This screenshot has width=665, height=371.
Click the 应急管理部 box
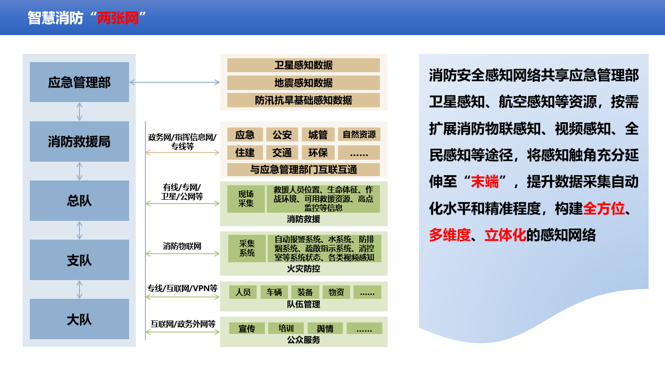pyautogui.click(x=79, y=82)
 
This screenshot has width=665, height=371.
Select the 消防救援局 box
pyautogui.click(x=79, y=141)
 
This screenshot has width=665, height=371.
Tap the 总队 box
pyautogui.click(x=79, y=201)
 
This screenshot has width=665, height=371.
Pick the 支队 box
pyautogui.click(x=79, y=260)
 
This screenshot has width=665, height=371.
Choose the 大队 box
pyautogui.click(x=79, y=319)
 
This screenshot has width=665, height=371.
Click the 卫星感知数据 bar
pyautogui.click(x=303, y=65)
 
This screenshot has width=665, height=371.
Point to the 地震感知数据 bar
pyautogui.click(x=303, y=83)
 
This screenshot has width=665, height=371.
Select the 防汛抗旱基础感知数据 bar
pyautogui.click(x=303, y=100)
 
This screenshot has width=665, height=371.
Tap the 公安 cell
pyautogui.click(x=282, y=135)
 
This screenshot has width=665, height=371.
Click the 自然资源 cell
pyautogui.click(x=359, y=135)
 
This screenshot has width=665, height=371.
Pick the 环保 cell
pyautogui.click(x=318, y=153)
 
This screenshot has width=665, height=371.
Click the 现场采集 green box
pyautogui.click(x=246, y=199)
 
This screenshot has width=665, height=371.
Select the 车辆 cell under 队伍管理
pyautogui.click(x=274, y=293)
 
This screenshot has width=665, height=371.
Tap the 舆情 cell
pyautogui.click(x=325, y=328)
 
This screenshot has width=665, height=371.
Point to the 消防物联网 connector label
pyautogui.click(x=182, y=246)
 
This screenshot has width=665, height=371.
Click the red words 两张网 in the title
pyautogui.click(x=118, y=18)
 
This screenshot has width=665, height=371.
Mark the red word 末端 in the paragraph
pyautogui.click(x=485, y=181)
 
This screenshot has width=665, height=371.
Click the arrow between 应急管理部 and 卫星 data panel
pyautogui.click(x=175, y=82)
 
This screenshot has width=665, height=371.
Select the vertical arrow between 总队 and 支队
pyautogui.click(x=79, y=230)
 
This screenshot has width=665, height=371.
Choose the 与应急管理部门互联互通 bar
pyautogui.click(x=303, y=170)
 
